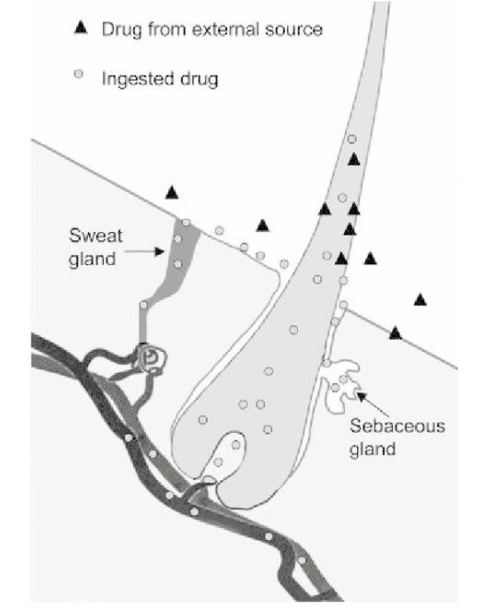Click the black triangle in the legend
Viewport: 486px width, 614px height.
81,28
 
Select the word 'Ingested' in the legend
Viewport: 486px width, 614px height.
131,78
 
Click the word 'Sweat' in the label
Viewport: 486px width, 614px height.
96,235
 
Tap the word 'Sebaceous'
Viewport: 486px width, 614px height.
397,426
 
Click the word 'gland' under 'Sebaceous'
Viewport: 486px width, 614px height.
372,449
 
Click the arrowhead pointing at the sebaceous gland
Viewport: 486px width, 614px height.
360,395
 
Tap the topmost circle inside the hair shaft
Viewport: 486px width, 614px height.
352,139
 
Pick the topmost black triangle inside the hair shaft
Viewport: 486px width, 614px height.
354,160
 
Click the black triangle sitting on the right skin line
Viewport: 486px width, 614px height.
395,333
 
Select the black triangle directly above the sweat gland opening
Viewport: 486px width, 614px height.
172,192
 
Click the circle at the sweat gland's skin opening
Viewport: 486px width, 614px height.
186,223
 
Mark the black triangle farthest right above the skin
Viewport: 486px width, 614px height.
420,300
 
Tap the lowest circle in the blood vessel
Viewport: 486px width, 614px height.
302,561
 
